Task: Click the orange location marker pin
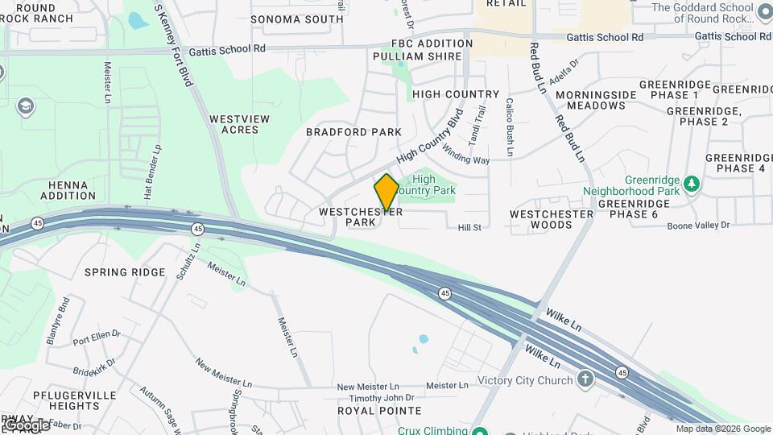[x=386, y=193]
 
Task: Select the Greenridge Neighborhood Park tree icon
[x=691, y=185]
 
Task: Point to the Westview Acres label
[x=239, y=124]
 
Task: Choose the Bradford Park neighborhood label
[x=353, y=132]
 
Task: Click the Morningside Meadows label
[x=596, y=100]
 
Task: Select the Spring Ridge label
[x=125, y=272]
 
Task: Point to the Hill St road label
[x=469, y=228]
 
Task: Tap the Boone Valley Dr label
[x=697, y=226]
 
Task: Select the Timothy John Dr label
[x=382, y=398]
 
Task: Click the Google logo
[x=26, y=425]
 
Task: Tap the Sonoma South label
[x=297, y=19]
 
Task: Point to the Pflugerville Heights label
[x=66, y=400]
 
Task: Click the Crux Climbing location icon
[x=481, y=430]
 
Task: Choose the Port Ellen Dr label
[x=97, y=333]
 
